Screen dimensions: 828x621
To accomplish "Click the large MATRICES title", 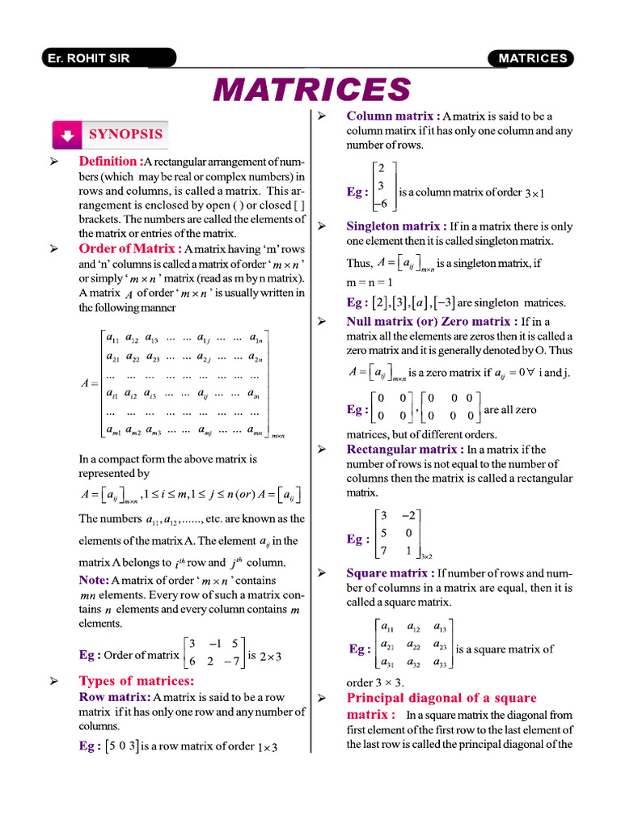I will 311,89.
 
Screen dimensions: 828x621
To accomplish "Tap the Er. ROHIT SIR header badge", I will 108,58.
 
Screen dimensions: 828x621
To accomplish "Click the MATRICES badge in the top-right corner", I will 531,58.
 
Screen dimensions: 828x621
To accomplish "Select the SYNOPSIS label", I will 125,134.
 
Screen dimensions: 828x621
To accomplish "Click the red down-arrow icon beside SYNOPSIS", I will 68,135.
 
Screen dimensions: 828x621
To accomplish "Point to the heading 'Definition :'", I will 111,162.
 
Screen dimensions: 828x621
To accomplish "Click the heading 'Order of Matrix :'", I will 130,249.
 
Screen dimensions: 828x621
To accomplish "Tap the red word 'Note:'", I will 94,580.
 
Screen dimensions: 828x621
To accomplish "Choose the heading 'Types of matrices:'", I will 137,681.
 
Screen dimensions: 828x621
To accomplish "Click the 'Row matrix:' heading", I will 114,697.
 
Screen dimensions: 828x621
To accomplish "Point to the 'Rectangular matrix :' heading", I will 405,450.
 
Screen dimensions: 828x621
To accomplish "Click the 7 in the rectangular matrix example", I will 384,550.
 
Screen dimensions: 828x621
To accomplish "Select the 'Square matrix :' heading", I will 391,573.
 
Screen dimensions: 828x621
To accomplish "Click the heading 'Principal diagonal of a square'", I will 441,698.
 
